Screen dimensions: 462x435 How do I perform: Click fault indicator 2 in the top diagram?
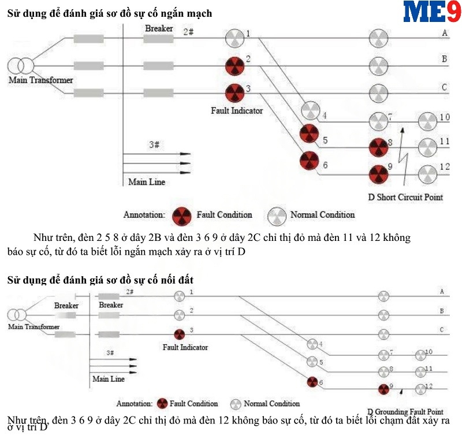pos(234,66)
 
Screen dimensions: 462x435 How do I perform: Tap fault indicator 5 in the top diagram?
pos(309,134)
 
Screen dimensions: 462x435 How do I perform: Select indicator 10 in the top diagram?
pos(428,122)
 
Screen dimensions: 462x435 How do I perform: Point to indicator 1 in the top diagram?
pos(234,38)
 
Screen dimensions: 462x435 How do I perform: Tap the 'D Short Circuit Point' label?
pos(405,197)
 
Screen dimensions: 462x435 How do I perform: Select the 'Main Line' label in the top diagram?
pos(147,182)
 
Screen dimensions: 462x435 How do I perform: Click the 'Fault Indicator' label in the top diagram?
pos(237,110)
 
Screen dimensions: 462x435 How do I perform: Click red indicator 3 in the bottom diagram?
pos(180,334)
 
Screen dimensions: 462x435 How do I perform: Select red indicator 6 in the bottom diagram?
pos(312,381)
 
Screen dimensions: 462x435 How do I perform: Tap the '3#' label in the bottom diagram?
pos(110,352)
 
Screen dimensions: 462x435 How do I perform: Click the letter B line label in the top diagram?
pos(444,60)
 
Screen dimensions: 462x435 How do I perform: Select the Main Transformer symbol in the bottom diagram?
pos(17,315)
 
